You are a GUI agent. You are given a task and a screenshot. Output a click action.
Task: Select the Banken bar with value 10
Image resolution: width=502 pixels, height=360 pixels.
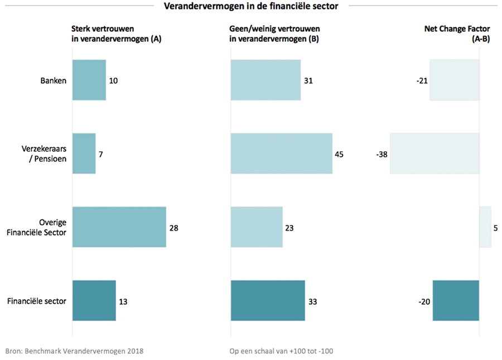point(89,80)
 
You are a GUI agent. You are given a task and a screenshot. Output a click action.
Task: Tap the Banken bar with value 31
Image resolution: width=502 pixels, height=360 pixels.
point(266,80)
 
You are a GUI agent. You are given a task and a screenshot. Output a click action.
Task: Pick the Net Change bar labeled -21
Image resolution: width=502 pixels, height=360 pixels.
point(454,80)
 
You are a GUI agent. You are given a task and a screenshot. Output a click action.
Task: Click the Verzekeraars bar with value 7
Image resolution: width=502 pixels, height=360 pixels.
point(84,153)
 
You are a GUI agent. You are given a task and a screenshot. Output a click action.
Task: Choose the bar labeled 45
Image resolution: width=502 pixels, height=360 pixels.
point(281,153)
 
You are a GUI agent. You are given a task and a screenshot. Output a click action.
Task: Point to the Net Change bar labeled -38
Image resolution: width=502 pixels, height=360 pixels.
point(435,153)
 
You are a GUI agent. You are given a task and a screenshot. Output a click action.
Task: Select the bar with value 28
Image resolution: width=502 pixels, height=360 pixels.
point(119,227)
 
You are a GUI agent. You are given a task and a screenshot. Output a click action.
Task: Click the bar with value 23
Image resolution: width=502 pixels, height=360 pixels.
point(257,227)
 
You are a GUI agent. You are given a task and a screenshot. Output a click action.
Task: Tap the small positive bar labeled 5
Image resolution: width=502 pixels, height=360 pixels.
point(485,227)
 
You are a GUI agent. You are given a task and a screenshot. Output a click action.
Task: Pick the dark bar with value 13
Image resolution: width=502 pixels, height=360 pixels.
point(94,301)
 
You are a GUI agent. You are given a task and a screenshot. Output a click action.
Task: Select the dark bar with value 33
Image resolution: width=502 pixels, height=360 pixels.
point(268,301)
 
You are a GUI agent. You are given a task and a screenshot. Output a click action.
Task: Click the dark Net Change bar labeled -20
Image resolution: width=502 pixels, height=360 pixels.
point(456,301)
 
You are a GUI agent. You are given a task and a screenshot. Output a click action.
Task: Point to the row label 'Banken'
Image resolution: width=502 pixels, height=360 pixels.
point(53,80)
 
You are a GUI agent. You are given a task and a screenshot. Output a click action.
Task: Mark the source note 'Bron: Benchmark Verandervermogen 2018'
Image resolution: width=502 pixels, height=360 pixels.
point(75,351)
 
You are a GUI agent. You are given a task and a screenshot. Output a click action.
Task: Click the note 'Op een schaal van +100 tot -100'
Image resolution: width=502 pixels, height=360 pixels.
point(281,351)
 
